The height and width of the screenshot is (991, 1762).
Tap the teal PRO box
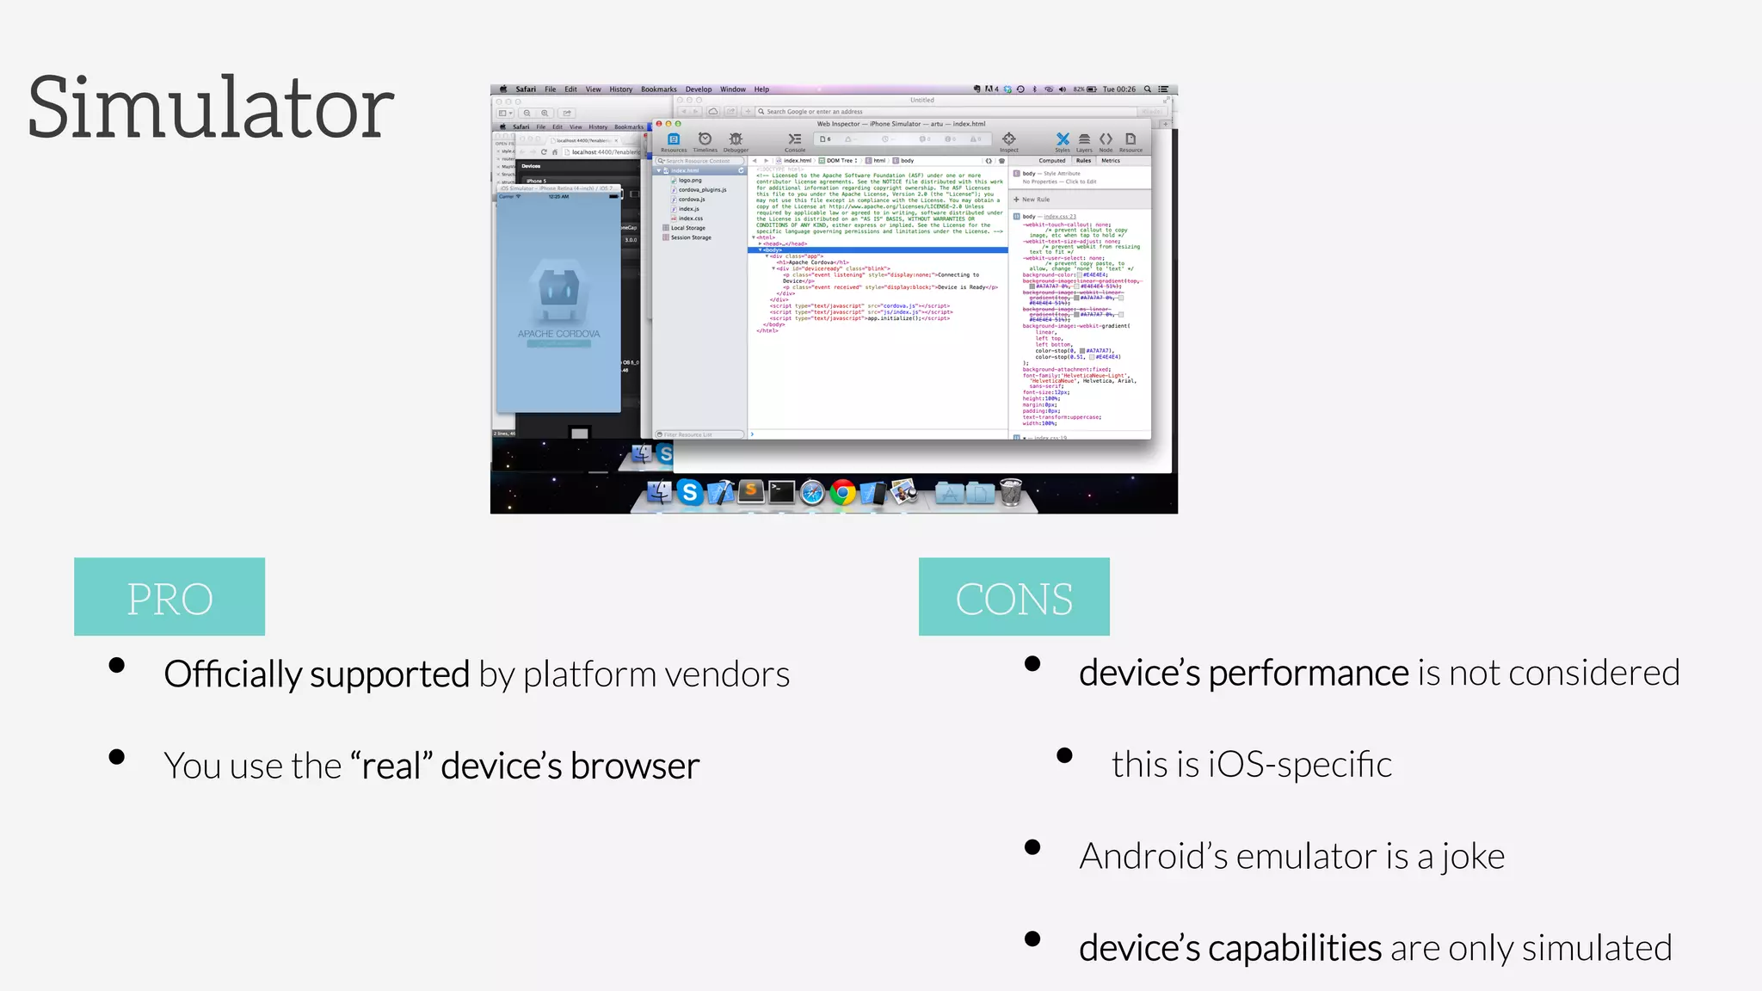point(169,597)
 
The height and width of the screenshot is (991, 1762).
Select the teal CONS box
point(1013,597)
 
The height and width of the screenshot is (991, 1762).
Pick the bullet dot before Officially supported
point(117,665)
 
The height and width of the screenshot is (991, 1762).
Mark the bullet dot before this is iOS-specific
point(1064,755)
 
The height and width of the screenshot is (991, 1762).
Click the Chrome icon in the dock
point(843,492)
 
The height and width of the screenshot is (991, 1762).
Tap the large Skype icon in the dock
point(689,492)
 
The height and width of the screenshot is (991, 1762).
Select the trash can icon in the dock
point(1011,492)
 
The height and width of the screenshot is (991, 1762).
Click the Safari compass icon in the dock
point(811,492)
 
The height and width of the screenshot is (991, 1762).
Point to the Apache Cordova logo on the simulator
point(558,291)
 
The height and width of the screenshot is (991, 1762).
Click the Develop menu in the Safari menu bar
point(698,89)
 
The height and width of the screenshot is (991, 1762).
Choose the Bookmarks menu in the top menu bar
point(658,89)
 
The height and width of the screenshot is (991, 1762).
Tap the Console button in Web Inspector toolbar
point(795,142)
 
